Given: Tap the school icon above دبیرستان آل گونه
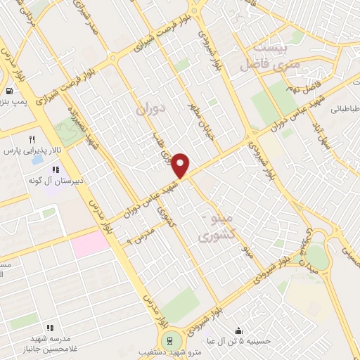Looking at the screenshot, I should (x=55, y=169).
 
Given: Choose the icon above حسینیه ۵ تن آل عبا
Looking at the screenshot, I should (x=240, y=330).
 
